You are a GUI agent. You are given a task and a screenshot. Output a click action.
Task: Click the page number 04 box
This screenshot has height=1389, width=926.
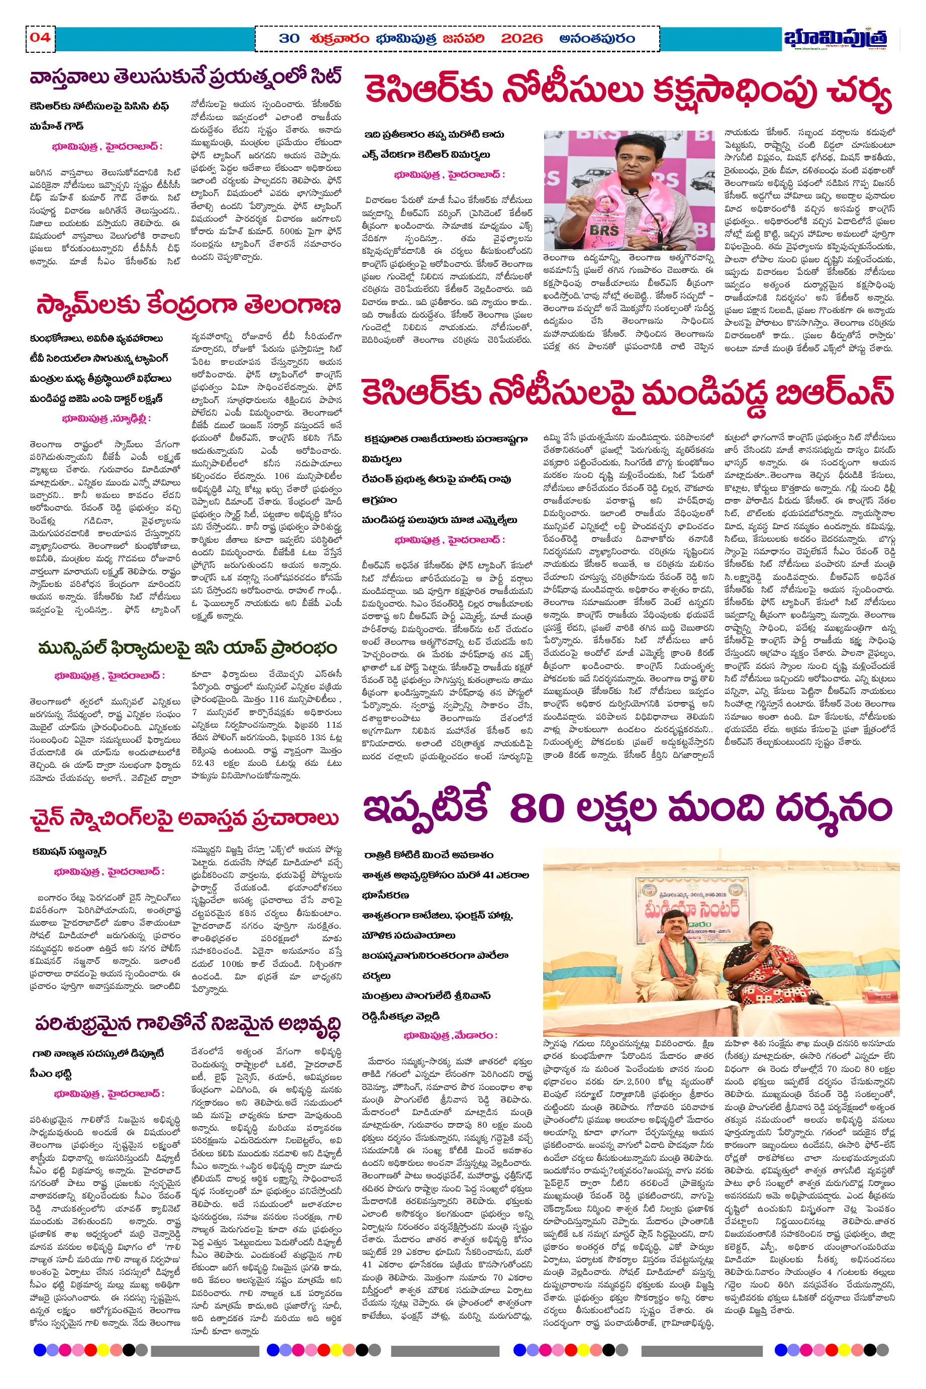click(40, 38)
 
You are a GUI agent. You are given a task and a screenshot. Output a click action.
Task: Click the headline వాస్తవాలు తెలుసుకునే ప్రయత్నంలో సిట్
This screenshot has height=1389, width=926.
click(185, 78)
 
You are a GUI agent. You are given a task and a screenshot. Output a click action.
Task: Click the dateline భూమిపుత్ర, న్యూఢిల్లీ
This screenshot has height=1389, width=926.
click(107, 419)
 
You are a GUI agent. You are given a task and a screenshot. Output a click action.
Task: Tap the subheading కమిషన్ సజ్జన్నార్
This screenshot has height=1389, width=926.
click(69, 852)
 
